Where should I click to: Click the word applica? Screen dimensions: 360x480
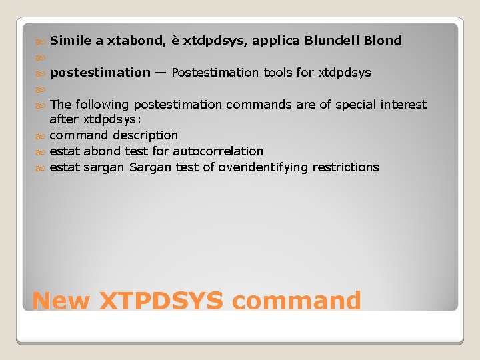tap(275, 41)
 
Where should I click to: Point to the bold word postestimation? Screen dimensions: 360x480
tap(101, 73)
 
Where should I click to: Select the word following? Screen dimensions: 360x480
tap(103, 105)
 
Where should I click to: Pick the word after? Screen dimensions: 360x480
tap(65, 120)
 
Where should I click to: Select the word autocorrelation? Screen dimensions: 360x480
tap(218, 151)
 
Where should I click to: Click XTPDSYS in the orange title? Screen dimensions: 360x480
tap(161, 301)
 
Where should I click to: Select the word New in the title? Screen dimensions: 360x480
tap(61, 301)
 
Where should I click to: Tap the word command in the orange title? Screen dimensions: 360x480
tap(297, 301)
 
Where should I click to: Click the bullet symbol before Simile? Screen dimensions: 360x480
tap(41, 41)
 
